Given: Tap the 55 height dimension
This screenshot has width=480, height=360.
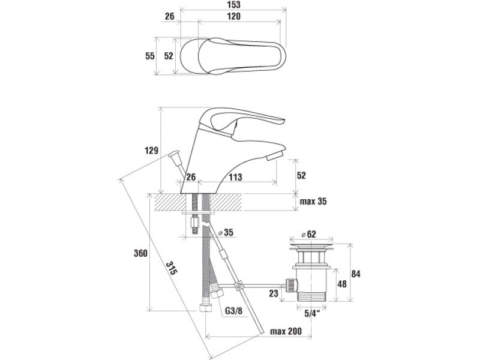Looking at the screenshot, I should [150, 56].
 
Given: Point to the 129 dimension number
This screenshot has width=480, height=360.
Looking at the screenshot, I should [151, 150].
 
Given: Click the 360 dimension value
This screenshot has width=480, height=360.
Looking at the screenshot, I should [140, 253].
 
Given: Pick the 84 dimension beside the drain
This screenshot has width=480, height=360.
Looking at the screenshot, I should [356, 274].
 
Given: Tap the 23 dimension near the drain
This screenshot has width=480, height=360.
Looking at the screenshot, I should [274, 293].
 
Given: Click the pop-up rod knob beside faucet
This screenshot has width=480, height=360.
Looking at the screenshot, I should [176, 157].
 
